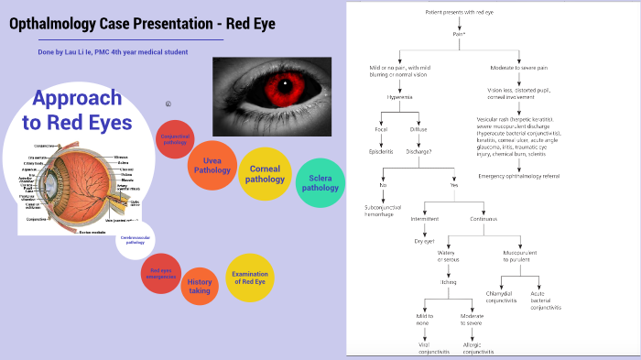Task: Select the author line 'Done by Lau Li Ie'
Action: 113,51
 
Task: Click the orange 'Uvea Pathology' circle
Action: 212,165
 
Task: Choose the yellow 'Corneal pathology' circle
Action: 266,173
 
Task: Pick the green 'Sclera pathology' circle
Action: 320,181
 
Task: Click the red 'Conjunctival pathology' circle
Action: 175,139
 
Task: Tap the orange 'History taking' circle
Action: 200,287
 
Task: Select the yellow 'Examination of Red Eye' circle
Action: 249,278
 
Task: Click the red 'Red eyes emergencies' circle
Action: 161,273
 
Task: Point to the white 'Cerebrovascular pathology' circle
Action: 135,240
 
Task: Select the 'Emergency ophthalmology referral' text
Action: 517,175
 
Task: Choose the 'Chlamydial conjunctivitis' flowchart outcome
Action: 501,297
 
